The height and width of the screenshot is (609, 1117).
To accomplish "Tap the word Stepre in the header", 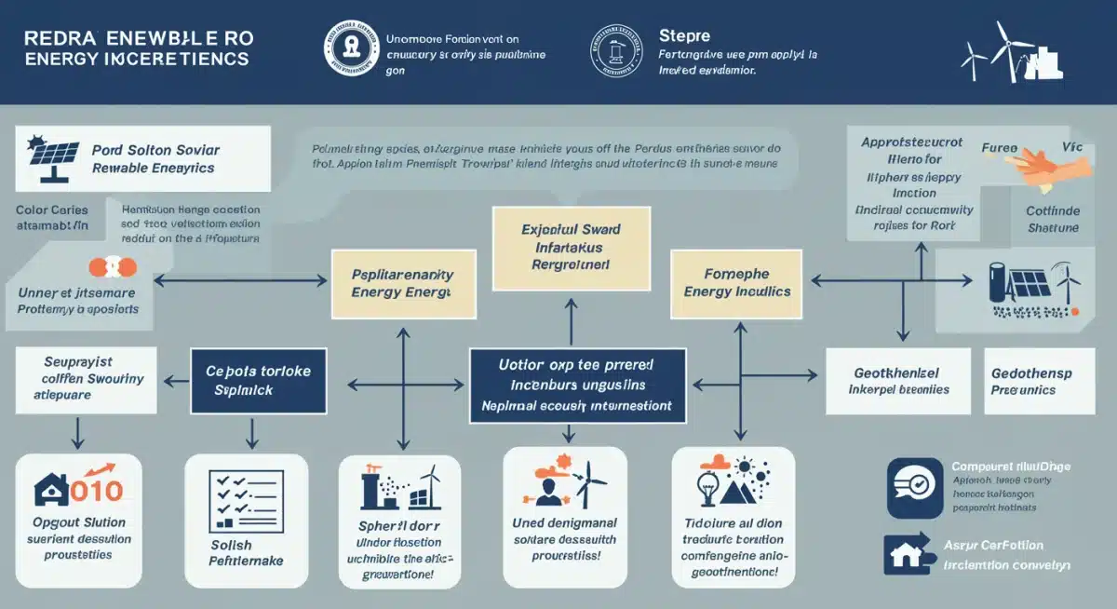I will (x=684, y=36).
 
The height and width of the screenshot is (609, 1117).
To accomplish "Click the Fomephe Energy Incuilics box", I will (x=737, y=283).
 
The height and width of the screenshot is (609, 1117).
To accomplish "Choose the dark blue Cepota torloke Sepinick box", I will (x=258, y=381).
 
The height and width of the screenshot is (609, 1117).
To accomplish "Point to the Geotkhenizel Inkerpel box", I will (x=897, y=381).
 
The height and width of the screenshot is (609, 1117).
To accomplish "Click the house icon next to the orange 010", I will (x=51, y=488).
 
